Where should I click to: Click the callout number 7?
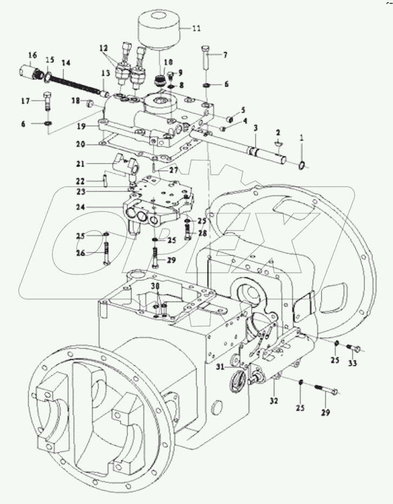click(x=226, y=54)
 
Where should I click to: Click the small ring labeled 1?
click(x=303, y=165)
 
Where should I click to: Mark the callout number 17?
click(x=25, y=101)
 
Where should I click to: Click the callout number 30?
click(x=155, y=286)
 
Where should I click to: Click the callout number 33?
click(x=352, y=363)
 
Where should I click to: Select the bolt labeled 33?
click(x=353, y=348)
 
